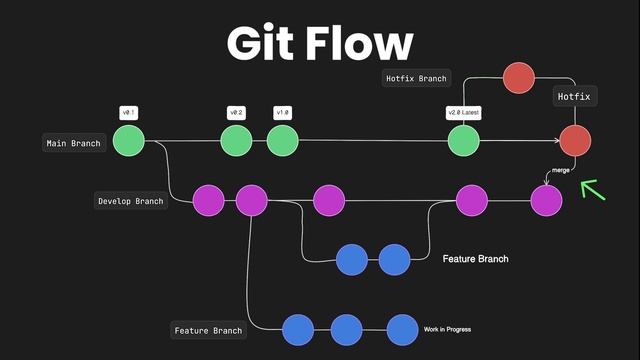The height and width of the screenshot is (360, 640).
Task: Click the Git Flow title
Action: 320,43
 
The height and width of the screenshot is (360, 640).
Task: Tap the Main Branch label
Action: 74,143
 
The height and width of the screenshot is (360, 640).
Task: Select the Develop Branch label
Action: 130,201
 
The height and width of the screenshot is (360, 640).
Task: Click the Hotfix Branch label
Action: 417,78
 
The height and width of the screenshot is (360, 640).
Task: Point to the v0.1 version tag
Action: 129,113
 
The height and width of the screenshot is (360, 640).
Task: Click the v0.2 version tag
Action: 237,113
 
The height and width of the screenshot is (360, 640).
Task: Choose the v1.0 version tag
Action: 282,113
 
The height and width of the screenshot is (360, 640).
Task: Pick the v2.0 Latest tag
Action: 463,113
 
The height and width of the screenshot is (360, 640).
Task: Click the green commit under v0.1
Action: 129,141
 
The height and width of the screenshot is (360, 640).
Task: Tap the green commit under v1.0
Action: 282,141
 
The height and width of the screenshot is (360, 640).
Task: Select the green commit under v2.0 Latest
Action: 463,141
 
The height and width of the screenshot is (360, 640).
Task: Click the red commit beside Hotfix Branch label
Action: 519,78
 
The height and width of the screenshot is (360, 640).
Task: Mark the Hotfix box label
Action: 574,97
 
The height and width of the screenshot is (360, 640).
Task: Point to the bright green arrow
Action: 595,189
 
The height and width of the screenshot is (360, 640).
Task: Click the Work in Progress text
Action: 447,329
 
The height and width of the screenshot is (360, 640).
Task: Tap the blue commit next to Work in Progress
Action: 402,329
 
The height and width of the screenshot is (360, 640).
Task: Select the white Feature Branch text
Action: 475,259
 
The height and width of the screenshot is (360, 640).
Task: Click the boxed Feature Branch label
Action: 208,330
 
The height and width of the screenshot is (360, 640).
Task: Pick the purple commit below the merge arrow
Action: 546,201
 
